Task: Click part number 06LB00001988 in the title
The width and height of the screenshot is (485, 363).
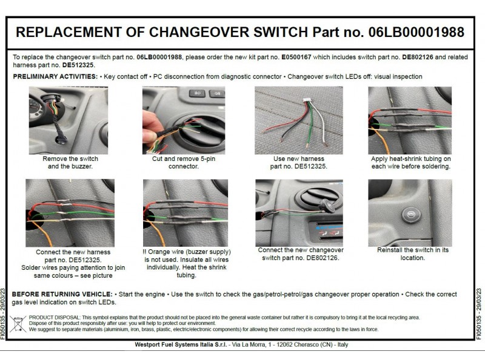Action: click(416, 32)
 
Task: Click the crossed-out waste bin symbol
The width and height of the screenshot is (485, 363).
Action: click(18, 324)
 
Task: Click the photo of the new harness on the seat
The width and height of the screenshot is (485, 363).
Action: click(298, 120)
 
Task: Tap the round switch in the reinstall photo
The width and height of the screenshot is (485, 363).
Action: click(410, 214)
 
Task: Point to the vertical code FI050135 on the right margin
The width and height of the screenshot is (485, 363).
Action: click(479, 314)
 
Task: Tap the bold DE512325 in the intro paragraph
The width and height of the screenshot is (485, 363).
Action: click(78, 64)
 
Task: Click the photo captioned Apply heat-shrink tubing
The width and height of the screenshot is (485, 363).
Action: click(410, 120)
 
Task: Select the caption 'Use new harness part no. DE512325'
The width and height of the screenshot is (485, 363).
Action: click(298, 163)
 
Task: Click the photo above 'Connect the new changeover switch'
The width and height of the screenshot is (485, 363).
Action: click(298, 212)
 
